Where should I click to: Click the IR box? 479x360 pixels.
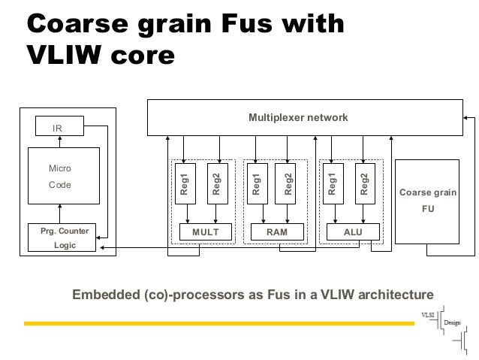click(x=58, y=129)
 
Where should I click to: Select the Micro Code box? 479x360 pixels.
click(x=63, y=176)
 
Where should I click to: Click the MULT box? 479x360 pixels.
click(x=205, y=233)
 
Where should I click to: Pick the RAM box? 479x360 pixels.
click(x=277, y=233)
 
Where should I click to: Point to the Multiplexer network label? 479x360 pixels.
click(x=298, y=119)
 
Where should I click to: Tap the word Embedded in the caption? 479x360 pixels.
click(x=106, y=294)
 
